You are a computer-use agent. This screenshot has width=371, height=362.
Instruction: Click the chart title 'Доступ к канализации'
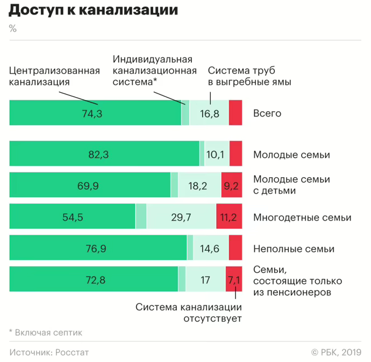tap(94, 10)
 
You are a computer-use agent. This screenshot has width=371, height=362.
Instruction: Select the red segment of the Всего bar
tap(236, 113)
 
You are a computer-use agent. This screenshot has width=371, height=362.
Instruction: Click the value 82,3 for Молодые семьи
tap(98, 155)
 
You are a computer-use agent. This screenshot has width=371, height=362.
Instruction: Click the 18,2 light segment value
tap(198, 186)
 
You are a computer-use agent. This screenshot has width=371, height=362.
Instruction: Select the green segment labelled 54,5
tap(73, 217)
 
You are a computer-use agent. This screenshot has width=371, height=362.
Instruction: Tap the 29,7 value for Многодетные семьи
tap(181, 217)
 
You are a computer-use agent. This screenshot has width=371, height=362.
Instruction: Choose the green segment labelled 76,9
tap(97, 249)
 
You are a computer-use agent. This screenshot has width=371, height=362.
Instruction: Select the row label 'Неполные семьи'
tap(294, 249)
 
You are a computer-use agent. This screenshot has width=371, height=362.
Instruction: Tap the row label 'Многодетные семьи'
tap(302, 218)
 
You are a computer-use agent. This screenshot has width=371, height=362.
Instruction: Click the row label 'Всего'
tap(267, 113)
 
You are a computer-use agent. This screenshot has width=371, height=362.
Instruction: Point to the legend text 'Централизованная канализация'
tap(55, 76)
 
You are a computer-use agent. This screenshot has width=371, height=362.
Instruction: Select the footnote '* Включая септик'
tap(46, 332)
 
